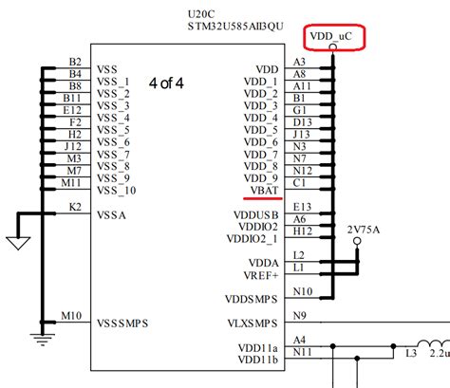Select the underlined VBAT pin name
pyautogui.click(x=265, y=191)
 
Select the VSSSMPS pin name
pyautogui.click(x=123, y=323)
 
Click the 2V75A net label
pyautogui.click(x=363, y=229)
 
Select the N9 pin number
pyautogui.click(x=302, y=315)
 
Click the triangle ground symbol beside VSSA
pyautogui.click(x=15, y=244)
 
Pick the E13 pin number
pyautogui.click(x=303, y=206)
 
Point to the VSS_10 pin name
pyautogui.click(x=117, y=191)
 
